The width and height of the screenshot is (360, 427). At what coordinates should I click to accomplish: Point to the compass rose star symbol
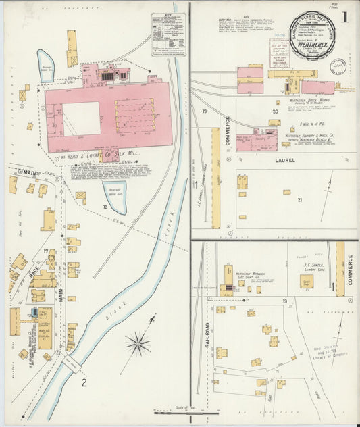[x=137, y=344]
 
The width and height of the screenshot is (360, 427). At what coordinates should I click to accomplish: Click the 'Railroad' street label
[x=207, y=334]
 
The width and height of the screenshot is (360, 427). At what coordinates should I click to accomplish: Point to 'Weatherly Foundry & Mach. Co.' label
[x=312, y=136]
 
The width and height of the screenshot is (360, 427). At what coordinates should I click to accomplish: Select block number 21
[x=299, y=200]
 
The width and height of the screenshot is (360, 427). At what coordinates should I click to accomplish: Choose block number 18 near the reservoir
[x=105, y=207]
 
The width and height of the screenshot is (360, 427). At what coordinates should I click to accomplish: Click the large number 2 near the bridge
[x=84, y=384]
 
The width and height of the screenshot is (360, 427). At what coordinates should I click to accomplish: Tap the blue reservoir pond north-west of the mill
[x=46, y=66]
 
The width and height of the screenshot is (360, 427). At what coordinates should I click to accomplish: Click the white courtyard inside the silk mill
[x=81, y=118]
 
